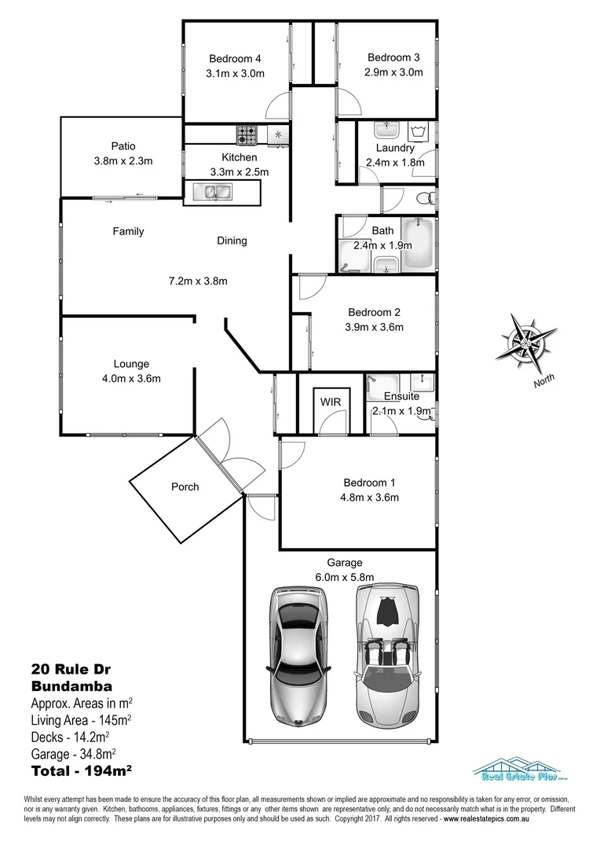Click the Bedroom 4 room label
click(x=234, y=58)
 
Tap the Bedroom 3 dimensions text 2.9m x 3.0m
click(x=393, y=72)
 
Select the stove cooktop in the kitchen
click(x=250, y=135)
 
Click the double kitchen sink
click(x=212, y=191)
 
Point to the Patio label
click(x=123, y=145)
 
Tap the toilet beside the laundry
click(x=425, y=197)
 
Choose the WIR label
click(x=329, y=402)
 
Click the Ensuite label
click(x=401, y=396)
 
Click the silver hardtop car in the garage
click(x=298, y=652)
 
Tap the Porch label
click(x=185, y=487)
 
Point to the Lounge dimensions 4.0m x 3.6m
click(x=131, y=379)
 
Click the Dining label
click(x=232, y=241)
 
